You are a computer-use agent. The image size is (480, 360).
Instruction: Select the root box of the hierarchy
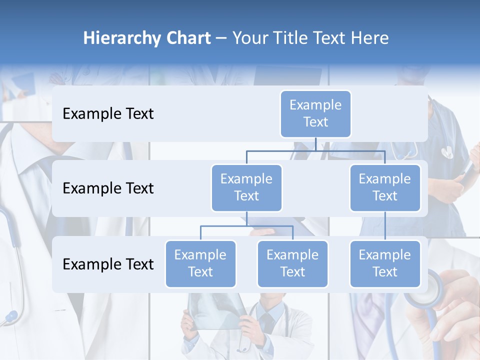coord(315,113)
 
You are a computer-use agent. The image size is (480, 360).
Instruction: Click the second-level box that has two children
coord(246,187)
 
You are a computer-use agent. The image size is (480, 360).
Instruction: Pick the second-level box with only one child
coord(385,187)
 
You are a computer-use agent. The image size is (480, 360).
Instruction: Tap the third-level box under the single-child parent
coord(385,263)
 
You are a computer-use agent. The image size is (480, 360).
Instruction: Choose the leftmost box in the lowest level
coord(200,263)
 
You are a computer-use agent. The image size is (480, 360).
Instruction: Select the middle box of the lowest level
coord(292,263)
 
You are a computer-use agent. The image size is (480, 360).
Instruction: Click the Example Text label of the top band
coord(108,113)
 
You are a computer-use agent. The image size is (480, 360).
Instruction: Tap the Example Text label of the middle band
coord(108,188)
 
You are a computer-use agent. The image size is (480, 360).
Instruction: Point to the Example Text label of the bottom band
coord(108,264)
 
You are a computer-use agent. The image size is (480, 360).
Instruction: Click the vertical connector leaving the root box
coord(315,144)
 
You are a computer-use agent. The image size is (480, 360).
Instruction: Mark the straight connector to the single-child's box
coord(385,226)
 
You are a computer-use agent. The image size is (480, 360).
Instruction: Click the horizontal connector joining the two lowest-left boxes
coord(246,226)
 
